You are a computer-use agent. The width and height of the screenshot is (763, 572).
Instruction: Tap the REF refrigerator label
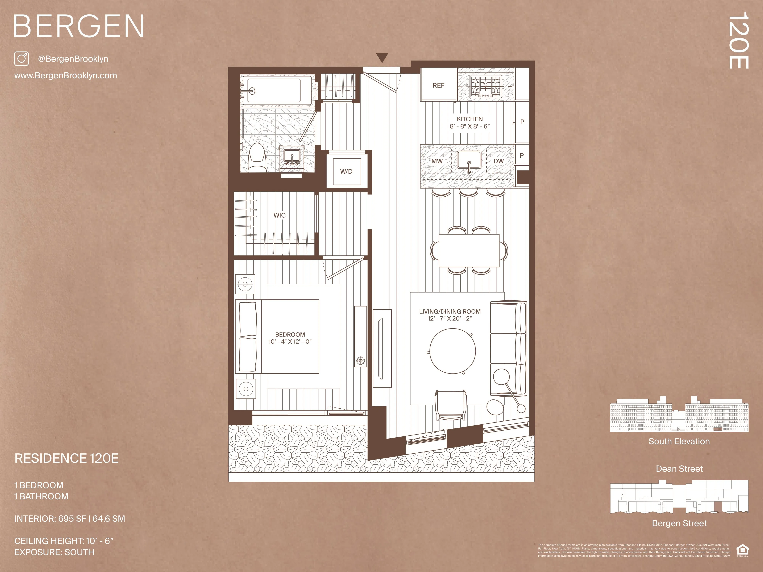[x=438, y=85]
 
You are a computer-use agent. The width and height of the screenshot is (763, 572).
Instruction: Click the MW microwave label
[x=437, y=161]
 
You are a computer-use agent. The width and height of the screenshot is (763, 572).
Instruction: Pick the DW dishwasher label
[x=498, y=161]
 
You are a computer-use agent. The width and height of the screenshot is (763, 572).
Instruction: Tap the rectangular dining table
[x=469, y=251]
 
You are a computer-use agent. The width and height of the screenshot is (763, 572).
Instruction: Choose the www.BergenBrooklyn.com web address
[x=65, y=76]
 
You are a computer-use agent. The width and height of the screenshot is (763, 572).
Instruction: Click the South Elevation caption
[x=679, y=441]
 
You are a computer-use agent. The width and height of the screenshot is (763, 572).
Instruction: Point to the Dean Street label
[x=679, y=469]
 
